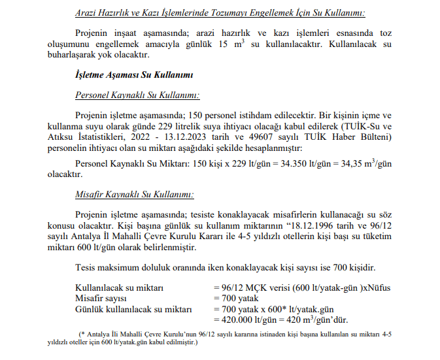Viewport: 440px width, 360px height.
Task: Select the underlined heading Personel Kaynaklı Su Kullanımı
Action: tap(137, 95)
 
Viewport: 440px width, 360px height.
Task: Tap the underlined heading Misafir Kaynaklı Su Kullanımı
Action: tap(134, 194)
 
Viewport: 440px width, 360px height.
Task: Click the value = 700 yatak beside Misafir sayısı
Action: tap(237, 298)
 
